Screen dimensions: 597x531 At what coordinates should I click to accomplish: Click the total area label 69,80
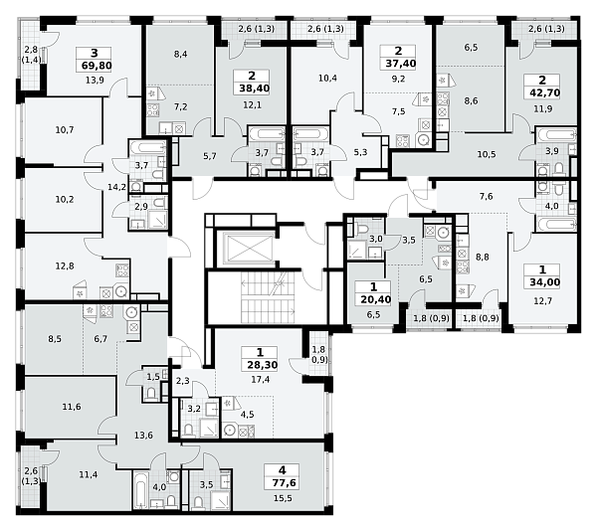[97, 66]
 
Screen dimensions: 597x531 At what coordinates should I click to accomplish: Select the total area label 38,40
[254, 88]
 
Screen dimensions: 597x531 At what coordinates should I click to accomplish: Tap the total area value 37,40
[401, 64]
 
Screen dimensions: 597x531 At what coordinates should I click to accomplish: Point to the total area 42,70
[544, 92]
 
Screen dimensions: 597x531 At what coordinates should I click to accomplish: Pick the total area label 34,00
[545, 282]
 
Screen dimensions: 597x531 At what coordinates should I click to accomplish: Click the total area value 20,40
[376, 299]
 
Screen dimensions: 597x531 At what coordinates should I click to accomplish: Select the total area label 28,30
[263, 365]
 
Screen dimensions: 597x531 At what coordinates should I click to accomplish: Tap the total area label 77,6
[284, 483]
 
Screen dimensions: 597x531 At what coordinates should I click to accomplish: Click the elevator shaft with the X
[248, 249]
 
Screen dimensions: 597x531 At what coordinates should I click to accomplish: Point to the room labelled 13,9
[95, 81]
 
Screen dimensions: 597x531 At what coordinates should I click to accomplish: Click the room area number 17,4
[261, 379]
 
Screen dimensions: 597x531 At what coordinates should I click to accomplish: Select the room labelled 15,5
[283, 498]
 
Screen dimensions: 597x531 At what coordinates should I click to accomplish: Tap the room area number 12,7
[542, 301]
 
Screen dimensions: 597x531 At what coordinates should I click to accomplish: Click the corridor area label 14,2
[116, 187]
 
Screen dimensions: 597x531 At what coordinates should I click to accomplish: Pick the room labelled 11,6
[72, 407]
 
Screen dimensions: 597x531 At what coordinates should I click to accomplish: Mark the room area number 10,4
[327, 78]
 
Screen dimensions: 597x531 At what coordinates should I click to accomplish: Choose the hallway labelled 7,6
[486, 196]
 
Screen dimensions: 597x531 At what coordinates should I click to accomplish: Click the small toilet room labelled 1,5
[153, 377]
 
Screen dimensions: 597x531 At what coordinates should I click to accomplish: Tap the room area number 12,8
[65, 265]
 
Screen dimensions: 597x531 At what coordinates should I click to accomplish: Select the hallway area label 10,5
[487, 154]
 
